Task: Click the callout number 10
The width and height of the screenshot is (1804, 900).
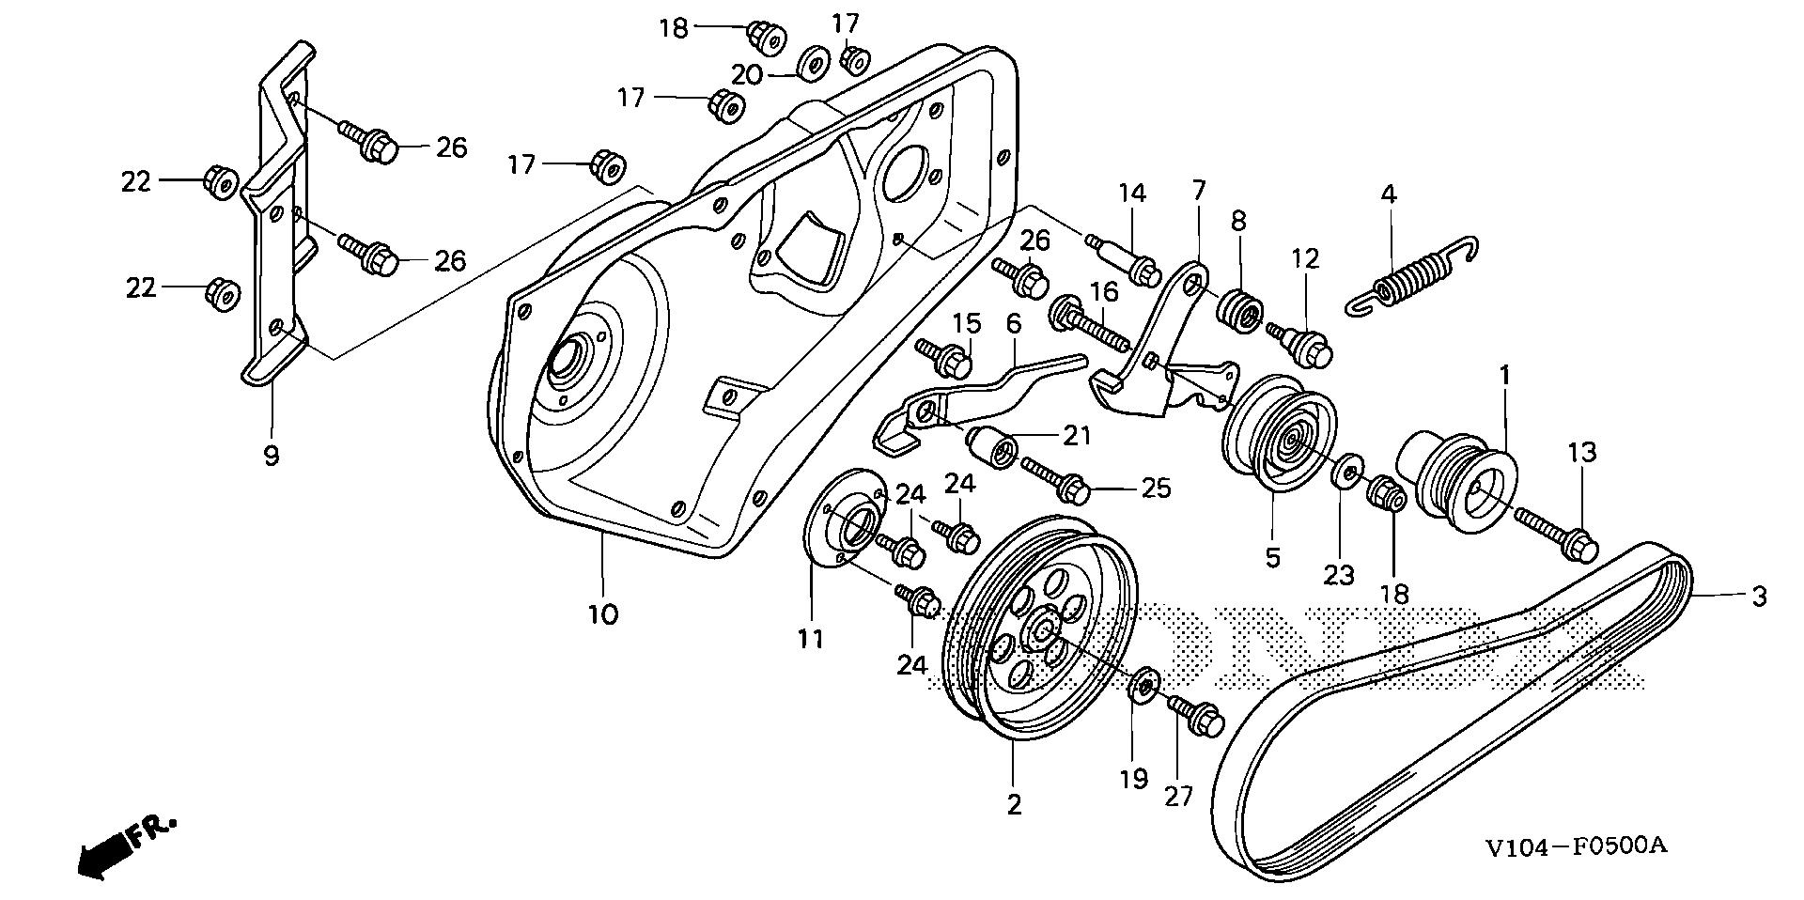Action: pyautogui.click(x=603, y=615)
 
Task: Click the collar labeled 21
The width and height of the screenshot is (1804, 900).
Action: pyautogui.click(x=991, y=444)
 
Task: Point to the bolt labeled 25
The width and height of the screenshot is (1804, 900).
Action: pyautogui.click(x=1057, y=478)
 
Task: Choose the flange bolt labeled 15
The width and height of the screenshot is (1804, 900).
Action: pyautogui.click(x=944, y=360)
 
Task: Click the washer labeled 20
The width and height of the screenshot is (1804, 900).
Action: pyautogui.click(x=812, y=65)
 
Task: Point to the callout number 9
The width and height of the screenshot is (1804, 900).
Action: pyautogui.click(x=272, y=457)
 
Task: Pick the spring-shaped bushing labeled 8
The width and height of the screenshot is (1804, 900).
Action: pyautogui.click(x=1239, y=310)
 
